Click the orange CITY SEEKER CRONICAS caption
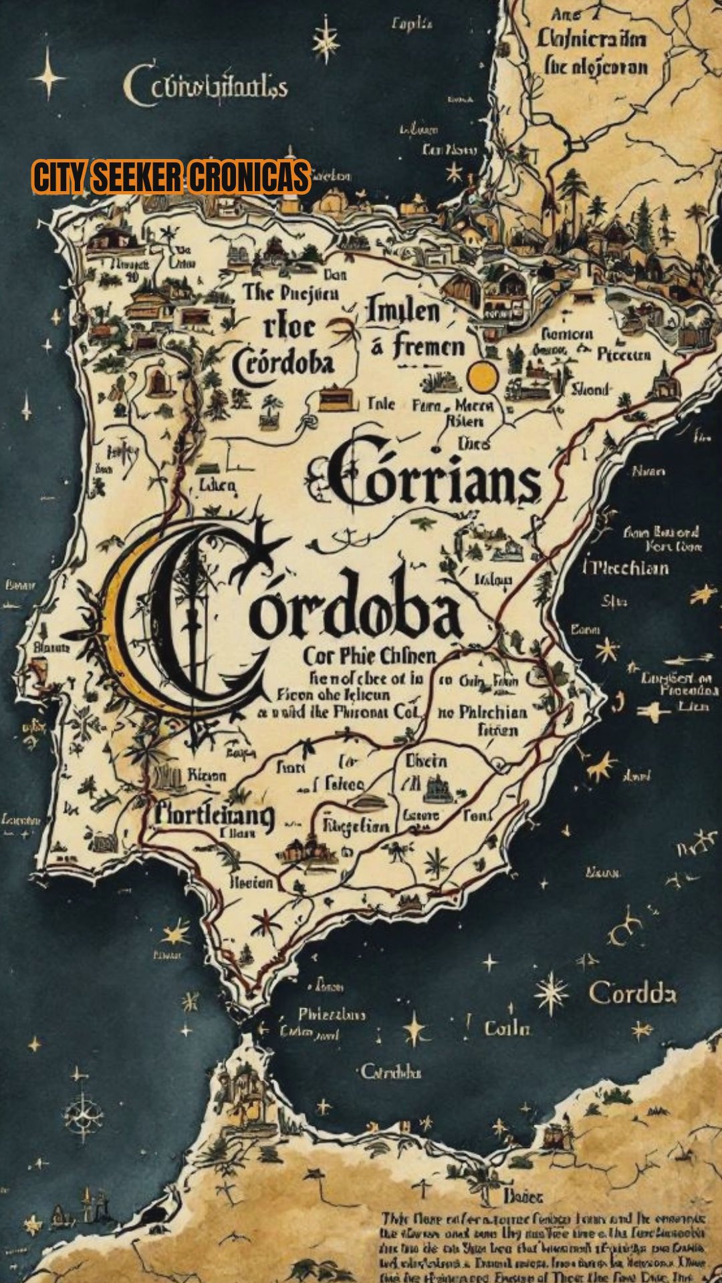(x=171, y=177)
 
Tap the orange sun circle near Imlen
(x=483, y=377)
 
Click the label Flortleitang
(x=214, y=815)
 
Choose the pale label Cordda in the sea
(x=632, y=994)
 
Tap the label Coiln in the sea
(x=507, y=1028)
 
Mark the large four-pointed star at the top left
(x=48, y=78)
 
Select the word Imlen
(x=402, y=312)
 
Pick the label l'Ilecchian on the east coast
(x=626, y=568)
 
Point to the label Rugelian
(x=356, y=826)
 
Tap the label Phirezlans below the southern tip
(x=332, y=1014)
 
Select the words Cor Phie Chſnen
(x=369, y=656)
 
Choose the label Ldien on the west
(x=217, y=484)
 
